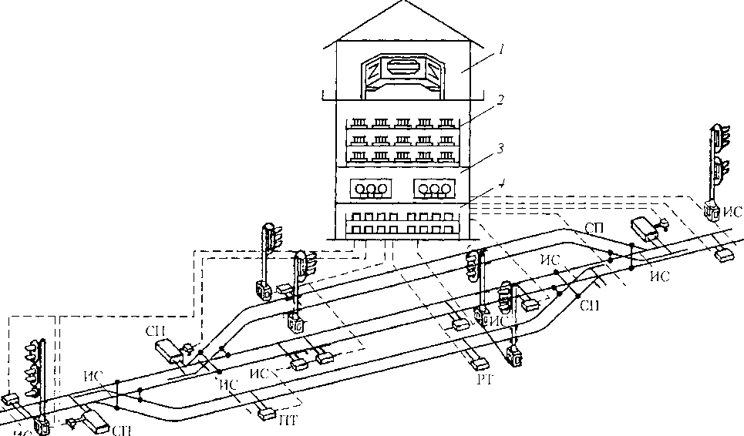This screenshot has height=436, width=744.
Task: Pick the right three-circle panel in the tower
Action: pos(436,189)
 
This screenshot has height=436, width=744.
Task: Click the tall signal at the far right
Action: pos(717,166)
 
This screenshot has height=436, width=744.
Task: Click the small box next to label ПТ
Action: pos(268,414)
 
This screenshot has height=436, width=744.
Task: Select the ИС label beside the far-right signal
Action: pos(735,210)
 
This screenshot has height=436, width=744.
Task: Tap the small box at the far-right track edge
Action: pos(724,255)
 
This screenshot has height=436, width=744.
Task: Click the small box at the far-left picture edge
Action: pos(10,399)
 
